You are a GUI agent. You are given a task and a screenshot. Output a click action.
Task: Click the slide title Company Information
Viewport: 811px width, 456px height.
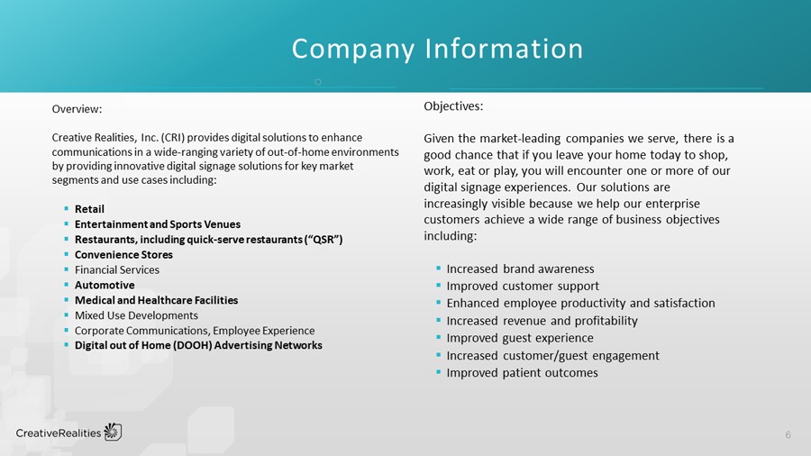pyautogui.click(x=437, y=48)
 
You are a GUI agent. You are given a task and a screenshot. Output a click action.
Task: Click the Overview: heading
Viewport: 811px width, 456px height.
pyautogui.click(x=77, y=109)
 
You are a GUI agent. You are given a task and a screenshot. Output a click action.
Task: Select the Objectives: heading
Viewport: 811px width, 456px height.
pyautogui.click(x=453, y=106)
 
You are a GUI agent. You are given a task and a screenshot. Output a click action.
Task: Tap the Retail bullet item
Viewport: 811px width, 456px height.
pyautogui.click(x=89, y=209)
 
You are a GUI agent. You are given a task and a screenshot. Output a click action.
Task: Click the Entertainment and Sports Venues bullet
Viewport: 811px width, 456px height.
pyautogui.click(x=157, y=224)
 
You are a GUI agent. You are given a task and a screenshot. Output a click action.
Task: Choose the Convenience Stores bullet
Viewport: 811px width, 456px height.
pyautogui.click(x=123, y=255)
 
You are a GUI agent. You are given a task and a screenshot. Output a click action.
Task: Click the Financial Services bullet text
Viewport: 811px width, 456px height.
pyautogui.click(x=117, y=269)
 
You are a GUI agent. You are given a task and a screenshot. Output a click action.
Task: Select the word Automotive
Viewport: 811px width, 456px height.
pyautogui.click(x=105, y=285)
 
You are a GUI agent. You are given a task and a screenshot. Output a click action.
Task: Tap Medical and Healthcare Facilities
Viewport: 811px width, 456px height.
pyautogui.click(x=156, y=300)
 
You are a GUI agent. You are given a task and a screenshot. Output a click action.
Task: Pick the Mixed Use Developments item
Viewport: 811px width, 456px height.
pyautogui.click(x=136, y=315)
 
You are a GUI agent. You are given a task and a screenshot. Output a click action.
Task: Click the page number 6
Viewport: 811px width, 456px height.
pyautogui.click(x=788, y=435)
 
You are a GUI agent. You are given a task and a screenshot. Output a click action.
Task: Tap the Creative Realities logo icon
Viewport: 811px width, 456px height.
pyautogui.click(x=113, y=432)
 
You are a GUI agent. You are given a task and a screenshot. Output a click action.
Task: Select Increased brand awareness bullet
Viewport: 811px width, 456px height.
pyautogui.click(x=520, y=269)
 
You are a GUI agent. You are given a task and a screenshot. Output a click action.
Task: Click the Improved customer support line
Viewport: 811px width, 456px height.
pyautogui.click(x=523, y=286)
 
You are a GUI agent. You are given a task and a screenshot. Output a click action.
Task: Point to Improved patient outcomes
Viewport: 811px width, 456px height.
pyautogui.click(x=522, y=372)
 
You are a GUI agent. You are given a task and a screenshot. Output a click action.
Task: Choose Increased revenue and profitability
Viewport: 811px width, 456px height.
pyautogui.click(x=542, y=321)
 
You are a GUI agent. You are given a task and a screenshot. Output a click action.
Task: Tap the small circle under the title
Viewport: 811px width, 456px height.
pyautogui.click(x=317, y=82)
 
